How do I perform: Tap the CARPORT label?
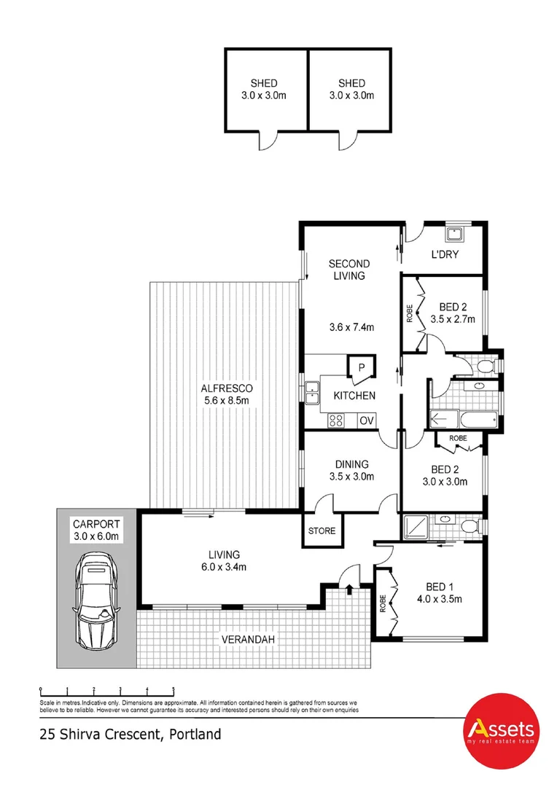click(x=95, y=524)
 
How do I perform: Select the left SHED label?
click(x=264, y=84)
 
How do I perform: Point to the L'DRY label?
click(x=444, y=254)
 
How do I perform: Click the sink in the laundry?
click(x=456, y=233)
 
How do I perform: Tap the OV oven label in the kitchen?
click(x=366, y=420)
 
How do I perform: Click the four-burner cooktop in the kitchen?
click(x=337, y=420)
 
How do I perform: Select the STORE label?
click(x=322, y=530)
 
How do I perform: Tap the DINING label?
click(x=351, y=464)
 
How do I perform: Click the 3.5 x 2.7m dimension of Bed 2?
click(x=452, y=319)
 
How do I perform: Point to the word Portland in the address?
click(x=195, y=735)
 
